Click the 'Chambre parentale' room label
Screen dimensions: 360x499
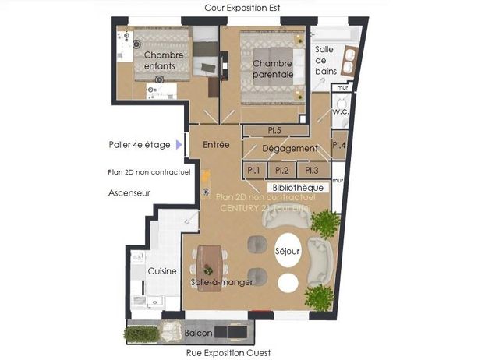point(273,69)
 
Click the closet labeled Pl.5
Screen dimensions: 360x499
point(274,130)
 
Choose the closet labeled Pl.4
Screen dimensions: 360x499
point(338,145)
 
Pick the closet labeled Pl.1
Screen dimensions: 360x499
point(253,170)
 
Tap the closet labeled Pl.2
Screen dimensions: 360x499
point(282,170)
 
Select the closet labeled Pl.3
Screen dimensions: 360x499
point(312,170)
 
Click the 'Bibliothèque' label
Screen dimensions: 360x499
point(296,188)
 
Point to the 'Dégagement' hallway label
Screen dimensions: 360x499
point(289,148)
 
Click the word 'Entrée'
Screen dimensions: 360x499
point(215,145)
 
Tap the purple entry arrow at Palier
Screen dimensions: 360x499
point(180,144)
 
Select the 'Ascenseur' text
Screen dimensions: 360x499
point(129,192)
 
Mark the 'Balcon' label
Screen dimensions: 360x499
point(199,334)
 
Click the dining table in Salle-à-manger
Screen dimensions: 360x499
point(210,267)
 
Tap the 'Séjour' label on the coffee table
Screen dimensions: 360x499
point(287,252)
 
